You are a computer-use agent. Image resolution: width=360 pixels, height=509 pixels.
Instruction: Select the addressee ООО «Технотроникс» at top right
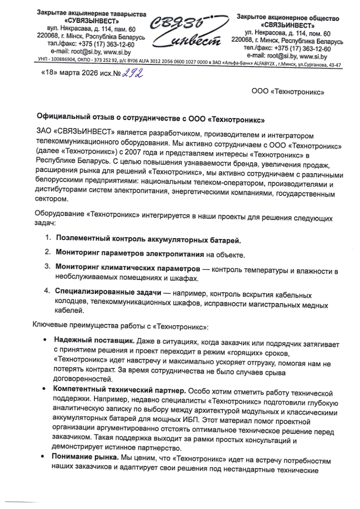[287, 92]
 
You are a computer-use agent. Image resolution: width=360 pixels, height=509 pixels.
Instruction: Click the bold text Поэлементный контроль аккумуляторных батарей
[148, 240]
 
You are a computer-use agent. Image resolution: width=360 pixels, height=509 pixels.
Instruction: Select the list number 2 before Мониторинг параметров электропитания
[47, 251]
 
